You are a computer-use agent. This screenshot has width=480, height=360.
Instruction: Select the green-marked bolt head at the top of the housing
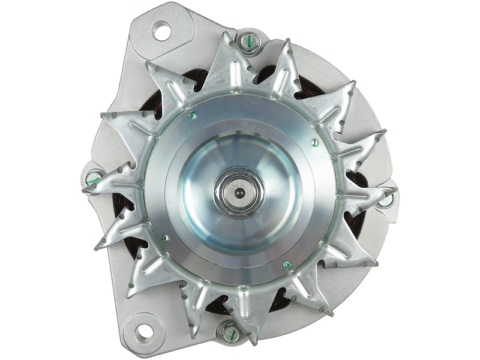(x=249, y=41)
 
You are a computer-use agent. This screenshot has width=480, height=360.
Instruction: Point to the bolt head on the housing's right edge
(x=391, y=195)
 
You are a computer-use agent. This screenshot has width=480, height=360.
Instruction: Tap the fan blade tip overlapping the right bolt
(x=393, y=191)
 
